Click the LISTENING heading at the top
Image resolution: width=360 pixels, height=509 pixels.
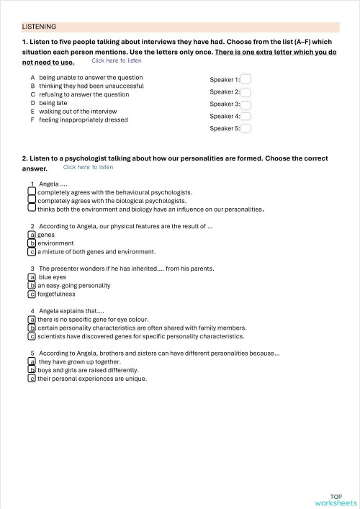coord(39,26)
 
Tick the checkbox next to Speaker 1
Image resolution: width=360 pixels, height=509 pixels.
coord(246,79)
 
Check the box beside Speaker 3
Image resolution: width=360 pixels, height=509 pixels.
coord(246,104)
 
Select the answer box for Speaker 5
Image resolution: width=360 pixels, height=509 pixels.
coord(246,129)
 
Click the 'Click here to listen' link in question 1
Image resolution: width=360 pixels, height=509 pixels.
coord(116,60)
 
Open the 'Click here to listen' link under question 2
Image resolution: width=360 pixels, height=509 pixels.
coord(88,167)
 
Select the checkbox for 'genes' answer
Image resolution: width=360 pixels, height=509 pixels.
coord(32,235)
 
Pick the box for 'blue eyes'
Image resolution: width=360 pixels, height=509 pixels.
coord(32,276)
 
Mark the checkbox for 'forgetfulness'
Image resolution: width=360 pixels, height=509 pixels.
coord(32,294)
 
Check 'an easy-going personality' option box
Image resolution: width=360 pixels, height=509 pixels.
coord(32,285)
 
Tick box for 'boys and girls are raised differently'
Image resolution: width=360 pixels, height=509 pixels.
coord(32,370)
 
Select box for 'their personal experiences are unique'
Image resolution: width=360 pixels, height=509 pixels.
coord(32,379)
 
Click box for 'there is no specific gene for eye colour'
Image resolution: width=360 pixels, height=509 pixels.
coord(32,319)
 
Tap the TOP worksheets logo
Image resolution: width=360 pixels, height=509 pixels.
coord(336,500)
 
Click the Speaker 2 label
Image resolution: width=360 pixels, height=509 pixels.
coord(225,92)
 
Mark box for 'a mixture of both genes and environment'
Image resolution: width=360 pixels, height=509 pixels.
coord(32,252)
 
